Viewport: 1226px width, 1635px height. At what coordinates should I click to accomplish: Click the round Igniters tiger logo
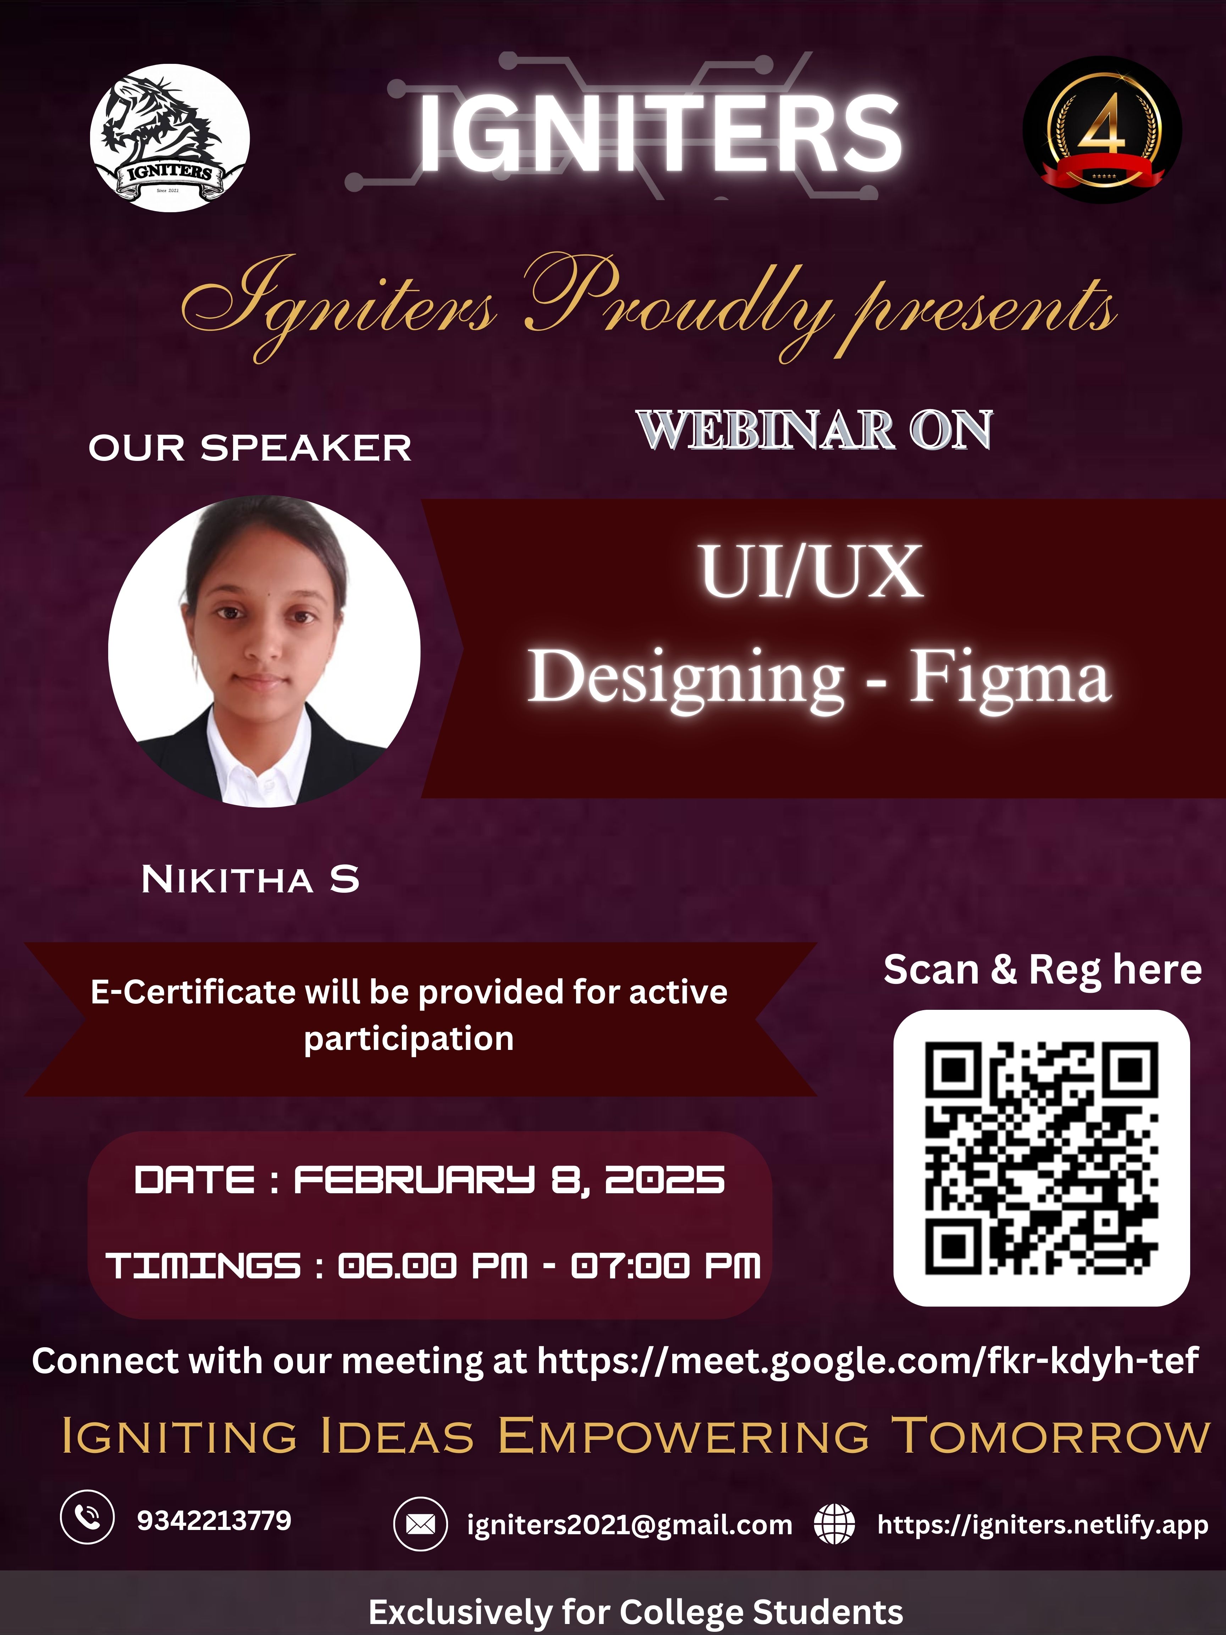[x=170, y=138]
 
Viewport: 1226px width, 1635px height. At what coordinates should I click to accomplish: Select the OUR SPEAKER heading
[x=250, y=448]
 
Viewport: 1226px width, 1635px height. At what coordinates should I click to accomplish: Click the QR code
[x=1041, y=1158]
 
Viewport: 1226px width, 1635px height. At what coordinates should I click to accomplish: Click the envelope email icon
[x=420, y=1524]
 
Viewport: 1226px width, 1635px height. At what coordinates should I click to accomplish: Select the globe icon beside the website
[x=834, y=1524]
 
